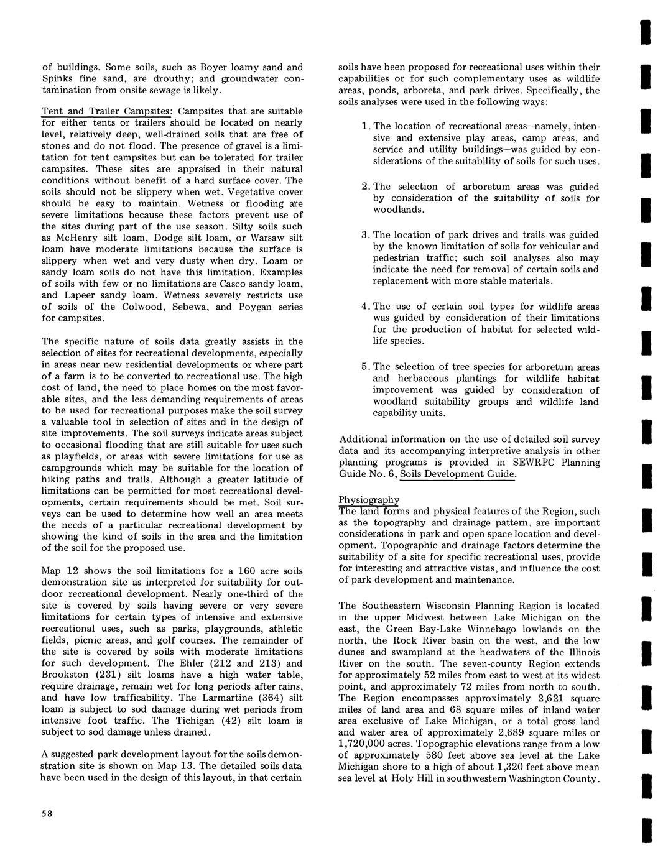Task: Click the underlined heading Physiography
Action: coord(369,500)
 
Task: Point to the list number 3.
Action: coord(365,235)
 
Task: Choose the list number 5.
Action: coord(365,367)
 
